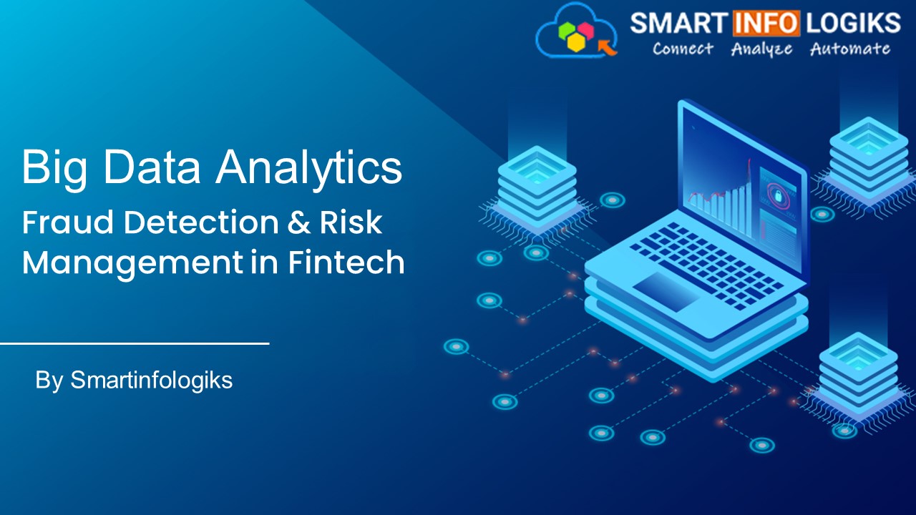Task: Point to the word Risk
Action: click(x=356, y=223)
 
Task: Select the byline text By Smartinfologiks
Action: click(x=134, y=381)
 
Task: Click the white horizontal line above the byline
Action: click(x=135, y=343)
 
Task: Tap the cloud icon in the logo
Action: click(x=577, y=31)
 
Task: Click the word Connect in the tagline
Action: click(x=683, y=49)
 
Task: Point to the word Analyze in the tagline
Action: click(x=761, y=49)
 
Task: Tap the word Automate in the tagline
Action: click(x=850, y=49)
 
